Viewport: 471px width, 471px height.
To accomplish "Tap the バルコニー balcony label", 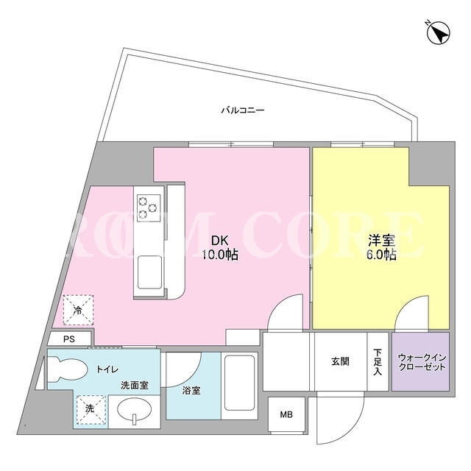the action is tap(243, 110).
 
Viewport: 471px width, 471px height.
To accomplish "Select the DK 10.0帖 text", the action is tap(221, 247).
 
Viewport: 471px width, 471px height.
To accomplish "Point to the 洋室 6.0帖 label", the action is tap(381, 247).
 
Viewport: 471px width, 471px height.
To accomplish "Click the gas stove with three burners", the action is tap(149, 208).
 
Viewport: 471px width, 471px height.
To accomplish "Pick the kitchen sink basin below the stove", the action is tap(149, 272).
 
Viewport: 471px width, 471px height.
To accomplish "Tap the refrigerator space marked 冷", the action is tap(78, 311).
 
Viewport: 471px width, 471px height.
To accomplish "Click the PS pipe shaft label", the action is tap(69, 339).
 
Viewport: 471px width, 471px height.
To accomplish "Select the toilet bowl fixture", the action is tap(67, 369).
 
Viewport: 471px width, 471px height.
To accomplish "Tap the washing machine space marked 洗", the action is tap(91, 409).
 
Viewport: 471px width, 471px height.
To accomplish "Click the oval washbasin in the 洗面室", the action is tap(134, 410).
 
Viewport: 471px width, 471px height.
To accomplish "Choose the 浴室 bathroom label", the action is tap(191, 391).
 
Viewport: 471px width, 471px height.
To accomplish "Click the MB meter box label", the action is tap(286, 415).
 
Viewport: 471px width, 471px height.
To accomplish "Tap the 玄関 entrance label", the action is tap(340, 361).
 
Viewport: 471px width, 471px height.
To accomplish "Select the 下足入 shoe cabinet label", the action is tap(378, 361).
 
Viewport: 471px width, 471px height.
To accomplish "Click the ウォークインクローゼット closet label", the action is tap(421, 362).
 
